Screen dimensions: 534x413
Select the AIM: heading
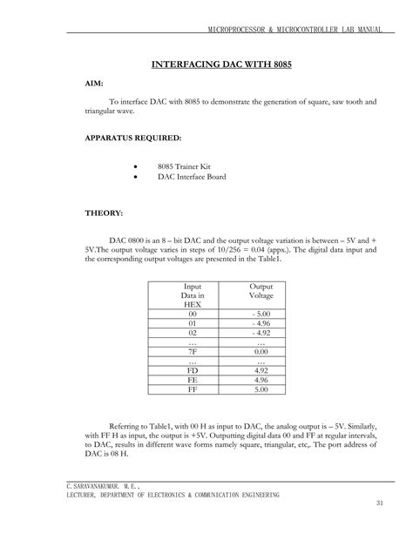(x=94, y=84)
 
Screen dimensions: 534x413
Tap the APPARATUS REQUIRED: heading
(x=132, y=138)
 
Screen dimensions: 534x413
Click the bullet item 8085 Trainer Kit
(x=184, y=166)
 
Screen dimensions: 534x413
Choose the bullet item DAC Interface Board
(x=192, y=177)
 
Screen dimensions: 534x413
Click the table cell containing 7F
(x=193, y=351)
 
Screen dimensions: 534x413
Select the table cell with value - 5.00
(x=261, y=314)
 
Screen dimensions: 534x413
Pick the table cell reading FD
(x=193, y=369)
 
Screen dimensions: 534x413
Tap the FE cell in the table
(x=193, y=380)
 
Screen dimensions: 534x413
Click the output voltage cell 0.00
(x=261, y=351)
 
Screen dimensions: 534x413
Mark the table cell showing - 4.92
(x=261, y=333)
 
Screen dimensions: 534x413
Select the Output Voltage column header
(x=261, y=291)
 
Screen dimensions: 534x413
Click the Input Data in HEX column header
(x=193, y=295)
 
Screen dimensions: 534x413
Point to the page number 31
(x=379, y=504)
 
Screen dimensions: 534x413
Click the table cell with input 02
(x=193, y=333)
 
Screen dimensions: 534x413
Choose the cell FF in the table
(x=193, y=389)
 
